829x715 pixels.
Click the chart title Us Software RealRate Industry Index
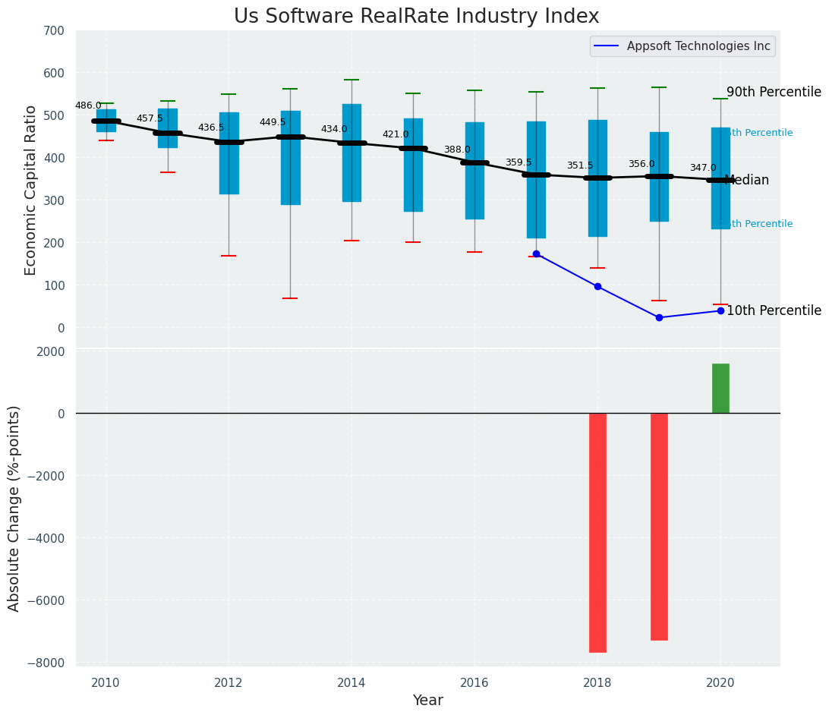click(x=416, y=17)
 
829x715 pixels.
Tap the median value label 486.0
click(x=88, y=106)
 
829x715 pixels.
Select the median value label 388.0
click(x=457, y=150)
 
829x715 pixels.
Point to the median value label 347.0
click(x=703, y=168)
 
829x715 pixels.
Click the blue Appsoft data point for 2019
click(x=659, y=317)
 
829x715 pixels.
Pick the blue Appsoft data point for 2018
click(x=597, y=286)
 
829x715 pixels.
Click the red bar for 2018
click(x=597, y=532)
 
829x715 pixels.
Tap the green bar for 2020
click(x=720, y=389)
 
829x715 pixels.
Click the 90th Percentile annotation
click(x=774, y=93)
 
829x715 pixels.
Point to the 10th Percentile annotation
click(x=774, y=311)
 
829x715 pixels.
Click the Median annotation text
click(x=747, y=181)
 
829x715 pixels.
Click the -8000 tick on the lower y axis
click(x=46, y=663)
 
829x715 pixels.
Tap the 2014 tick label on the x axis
click(x=351, y=682)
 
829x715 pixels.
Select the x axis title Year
click(x=427, y=701)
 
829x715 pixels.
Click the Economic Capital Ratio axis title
click(x=31, y=190)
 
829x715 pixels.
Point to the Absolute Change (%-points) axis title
click(x=14, y=508)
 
